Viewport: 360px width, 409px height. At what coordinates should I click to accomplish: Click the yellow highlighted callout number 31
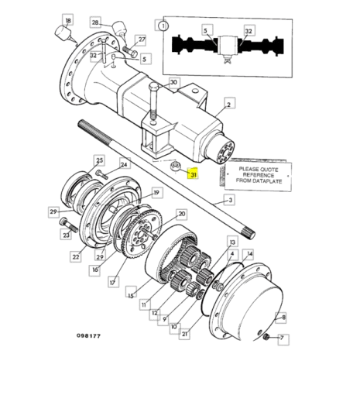[193, 174]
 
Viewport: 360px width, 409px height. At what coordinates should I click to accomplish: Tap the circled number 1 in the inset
[163, 26]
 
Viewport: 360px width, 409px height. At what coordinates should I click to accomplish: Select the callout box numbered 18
[68, 20]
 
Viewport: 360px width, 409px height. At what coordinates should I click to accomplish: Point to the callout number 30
[173, 83]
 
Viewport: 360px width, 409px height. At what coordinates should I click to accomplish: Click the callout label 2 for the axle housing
[229, 105]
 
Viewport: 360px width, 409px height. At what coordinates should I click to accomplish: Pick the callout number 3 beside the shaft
[230, 201]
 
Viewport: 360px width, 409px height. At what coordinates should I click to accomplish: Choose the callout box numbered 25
[100, 160]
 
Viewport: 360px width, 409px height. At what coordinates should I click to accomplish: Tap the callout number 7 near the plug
[282, 338]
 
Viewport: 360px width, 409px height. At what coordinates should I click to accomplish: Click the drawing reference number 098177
[88, 335]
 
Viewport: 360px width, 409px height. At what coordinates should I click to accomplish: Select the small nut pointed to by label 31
[175, 166]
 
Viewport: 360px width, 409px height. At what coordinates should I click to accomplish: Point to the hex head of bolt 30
[154, 86]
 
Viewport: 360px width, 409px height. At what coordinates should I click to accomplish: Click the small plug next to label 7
[266, 337]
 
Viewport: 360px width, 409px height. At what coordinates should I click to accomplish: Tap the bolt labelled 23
[69, 225]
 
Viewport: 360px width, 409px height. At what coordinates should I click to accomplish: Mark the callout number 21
[184, 334]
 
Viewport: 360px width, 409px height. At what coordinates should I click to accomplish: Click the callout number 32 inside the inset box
[249, 31]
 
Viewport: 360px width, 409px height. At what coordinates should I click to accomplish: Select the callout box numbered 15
[131, 295]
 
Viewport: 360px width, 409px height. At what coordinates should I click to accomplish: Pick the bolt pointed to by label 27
[130, 51]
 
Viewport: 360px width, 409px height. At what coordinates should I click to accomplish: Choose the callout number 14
[250, 253]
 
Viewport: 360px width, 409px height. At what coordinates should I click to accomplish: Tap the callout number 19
[156, 193]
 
